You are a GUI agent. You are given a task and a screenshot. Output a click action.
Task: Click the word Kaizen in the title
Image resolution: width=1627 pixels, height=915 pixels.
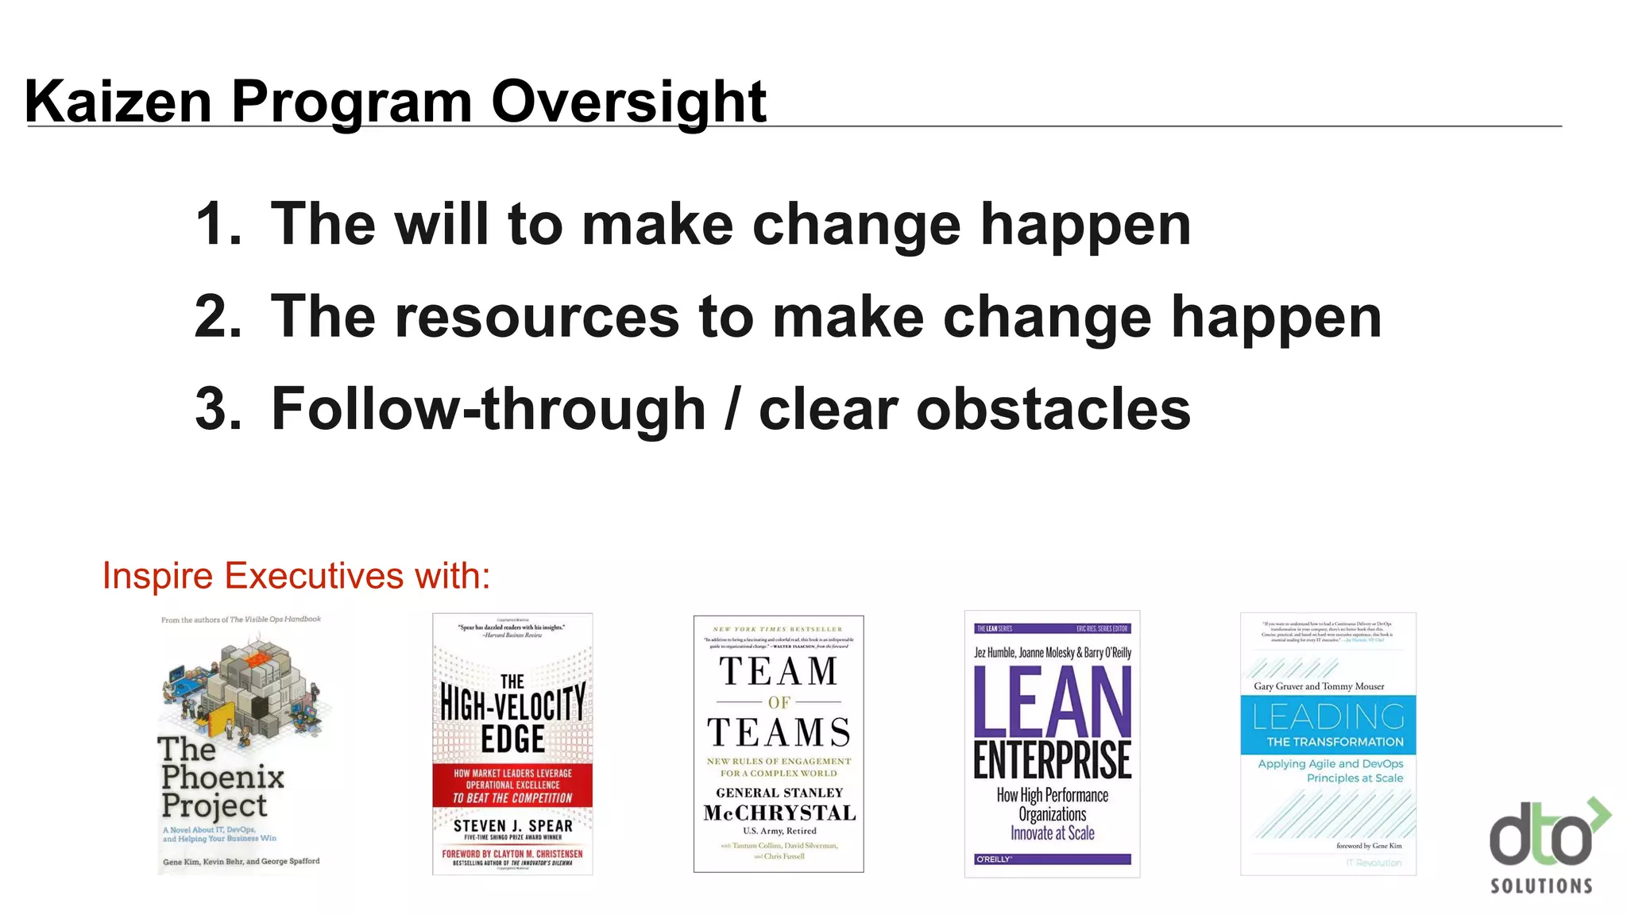118,102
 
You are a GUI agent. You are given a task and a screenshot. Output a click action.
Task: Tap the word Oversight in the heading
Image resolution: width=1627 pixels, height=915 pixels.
628,102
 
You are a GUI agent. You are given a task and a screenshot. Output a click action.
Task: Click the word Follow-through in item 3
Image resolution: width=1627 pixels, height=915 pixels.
488,408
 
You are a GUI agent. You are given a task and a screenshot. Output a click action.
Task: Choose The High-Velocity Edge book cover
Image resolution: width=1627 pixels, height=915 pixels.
512,743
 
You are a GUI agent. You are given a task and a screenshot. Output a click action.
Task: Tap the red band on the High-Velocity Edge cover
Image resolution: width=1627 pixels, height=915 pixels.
512,785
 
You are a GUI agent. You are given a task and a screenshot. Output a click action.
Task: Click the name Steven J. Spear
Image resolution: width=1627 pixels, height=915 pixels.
512,825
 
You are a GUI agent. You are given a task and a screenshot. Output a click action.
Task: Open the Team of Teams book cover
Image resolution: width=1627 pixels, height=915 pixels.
779,743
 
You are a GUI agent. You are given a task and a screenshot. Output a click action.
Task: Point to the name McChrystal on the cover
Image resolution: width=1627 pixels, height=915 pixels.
779,813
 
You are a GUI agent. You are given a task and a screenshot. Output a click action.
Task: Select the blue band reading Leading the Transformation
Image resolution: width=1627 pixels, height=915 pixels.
1328,724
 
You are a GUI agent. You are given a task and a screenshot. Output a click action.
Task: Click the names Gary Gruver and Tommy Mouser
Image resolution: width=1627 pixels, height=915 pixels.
1319,686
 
